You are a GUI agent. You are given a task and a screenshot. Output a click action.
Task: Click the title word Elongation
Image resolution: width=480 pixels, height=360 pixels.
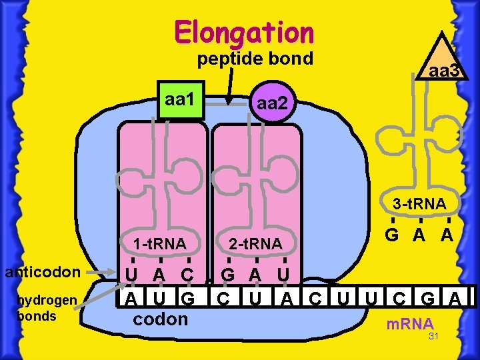(243, 31)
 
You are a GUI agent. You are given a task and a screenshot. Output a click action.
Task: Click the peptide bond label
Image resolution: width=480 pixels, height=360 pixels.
(255, 59)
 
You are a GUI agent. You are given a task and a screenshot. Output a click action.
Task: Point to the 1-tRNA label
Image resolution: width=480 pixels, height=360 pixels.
(159, 244)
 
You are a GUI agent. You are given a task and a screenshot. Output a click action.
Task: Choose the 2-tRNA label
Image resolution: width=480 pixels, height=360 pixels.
(255, 244)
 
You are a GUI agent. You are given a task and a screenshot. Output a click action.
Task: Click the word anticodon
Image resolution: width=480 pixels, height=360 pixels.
(43, 271)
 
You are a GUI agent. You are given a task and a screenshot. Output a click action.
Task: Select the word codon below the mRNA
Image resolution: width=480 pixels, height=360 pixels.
(161, 319)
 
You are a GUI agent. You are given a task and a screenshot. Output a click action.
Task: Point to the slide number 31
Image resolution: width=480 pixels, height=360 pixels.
(433, 337)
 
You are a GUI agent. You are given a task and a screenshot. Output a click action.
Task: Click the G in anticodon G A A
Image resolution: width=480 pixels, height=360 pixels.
(393, 235)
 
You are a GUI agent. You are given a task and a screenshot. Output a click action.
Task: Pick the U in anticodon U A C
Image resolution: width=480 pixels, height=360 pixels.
(132, 275)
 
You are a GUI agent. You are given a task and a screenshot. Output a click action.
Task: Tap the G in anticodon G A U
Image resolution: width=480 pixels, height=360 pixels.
(228, 275)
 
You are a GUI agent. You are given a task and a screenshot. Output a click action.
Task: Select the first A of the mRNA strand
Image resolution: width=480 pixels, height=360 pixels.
(132, 297)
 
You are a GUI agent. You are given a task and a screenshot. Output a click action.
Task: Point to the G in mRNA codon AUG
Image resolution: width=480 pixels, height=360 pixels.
(189, 297)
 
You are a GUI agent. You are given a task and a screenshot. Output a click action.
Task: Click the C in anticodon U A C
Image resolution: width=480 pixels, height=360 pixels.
(189, 275)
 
